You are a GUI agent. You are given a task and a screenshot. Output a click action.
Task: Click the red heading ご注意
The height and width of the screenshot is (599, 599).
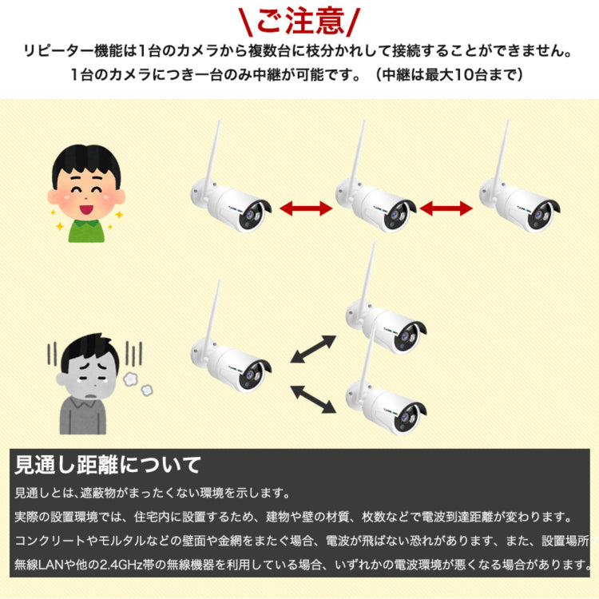(x=299, y=21)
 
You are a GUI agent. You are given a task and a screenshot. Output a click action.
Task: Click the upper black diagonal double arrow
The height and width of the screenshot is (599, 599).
(x=312, y=349)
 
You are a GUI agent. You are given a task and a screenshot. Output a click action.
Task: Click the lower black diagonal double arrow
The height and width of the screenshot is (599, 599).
(x=312, y=399)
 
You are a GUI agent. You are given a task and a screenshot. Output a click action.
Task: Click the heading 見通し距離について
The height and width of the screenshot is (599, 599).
(x=109, y=464)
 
